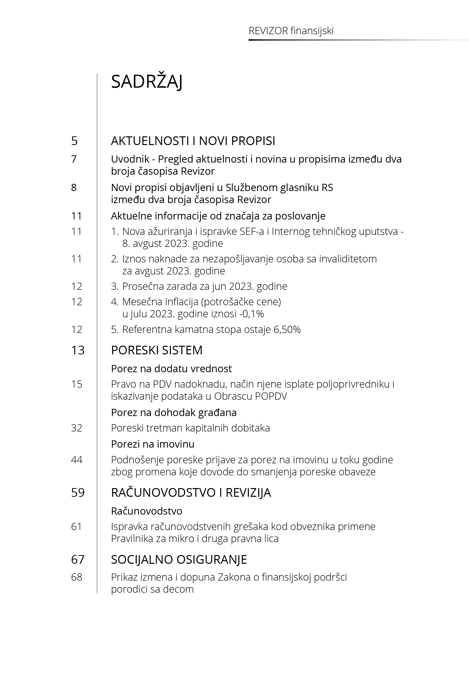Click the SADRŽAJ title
(147, 82)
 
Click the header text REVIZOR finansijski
(291, 31)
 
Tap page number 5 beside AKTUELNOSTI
(74, 141)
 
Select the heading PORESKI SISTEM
(157, 350)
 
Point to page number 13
(77, 350)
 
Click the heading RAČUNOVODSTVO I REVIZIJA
(191, 492)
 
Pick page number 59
(77, 492)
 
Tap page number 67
(77, 559)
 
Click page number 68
(77, 577)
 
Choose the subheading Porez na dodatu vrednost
(171, 369)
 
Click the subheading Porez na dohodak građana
(174, 412)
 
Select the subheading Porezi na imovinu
(153, 444)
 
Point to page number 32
(77, 428)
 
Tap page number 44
(77, 459)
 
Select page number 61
(77, 526)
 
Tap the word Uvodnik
(130, 159)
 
